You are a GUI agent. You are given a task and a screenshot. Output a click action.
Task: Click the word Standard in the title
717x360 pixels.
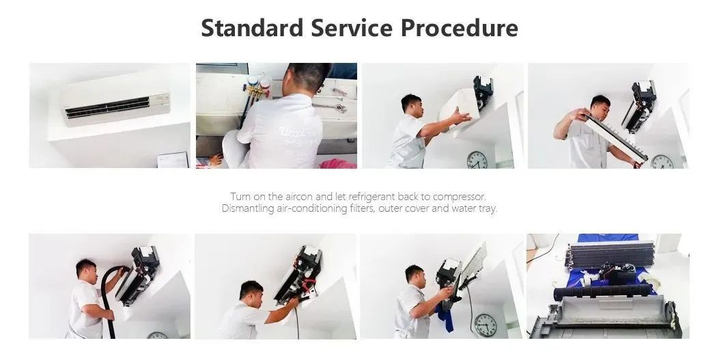coord(252,27)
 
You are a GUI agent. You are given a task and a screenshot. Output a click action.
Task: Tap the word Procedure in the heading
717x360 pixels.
coord(460,29)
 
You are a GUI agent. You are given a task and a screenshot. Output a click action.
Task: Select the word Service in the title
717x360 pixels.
coord(352,27)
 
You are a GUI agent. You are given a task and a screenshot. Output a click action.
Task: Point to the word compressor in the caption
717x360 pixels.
coord(459,197)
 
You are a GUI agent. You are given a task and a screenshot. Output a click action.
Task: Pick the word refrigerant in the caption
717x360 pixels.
coord(371,197)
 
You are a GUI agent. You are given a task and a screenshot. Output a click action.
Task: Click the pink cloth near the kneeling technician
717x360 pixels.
coord(338,164)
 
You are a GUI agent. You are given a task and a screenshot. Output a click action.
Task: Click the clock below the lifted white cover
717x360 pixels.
coord(477,160)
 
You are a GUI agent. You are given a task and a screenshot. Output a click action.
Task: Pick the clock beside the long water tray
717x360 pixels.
coord(662,161)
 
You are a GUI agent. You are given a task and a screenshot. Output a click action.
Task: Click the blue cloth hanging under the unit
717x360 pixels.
coord(445,316)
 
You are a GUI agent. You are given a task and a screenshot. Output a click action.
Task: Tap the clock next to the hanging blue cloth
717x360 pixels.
coord(486,324)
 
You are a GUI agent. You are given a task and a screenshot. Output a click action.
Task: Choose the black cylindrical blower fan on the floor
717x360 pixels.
coord(603,292)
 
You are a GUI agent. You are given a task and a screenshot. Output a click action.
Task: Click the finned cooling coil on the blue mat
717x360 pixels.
coord(611,255)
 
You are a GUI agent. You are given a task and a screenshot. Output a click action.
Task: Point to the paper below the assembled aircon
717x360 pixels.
coord(173,160)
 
